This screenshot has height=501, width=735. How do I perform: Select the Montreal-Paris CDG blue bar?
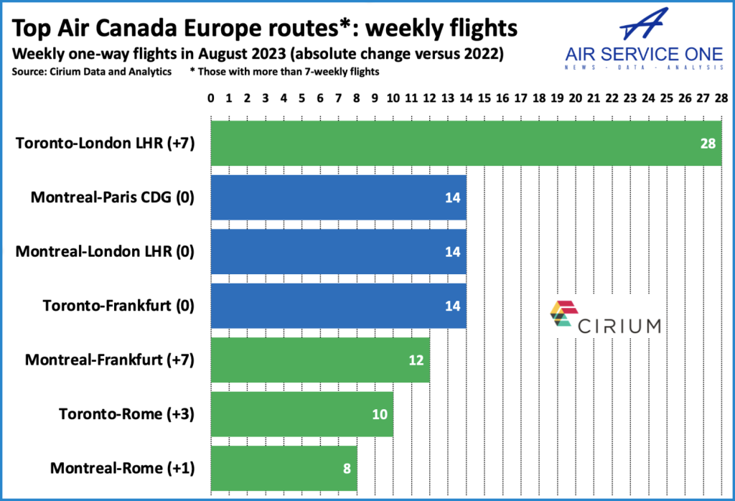(338, 197)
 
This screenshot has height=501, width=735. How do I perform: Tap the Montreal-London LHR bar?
(338, 251)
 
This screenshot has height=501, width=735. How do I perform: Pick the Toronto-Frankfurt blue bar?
(338, 305)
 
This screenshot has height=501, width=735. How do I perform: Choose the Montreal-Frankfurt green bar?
(319, 360)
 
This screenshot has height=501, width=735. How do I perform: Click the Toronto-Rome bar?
(301, 414)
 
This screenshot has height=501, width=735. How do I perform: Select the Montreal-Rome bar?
(283, 468)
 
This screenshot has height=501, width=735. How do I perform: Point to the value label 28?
(708, 144)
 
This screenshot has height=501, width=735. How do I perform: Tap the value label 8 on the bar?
(346, 469)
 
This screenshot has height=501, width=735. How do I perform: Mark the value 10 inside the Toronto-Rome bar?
(380, 414)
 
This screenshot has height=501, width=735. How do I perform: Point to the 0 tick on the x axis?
(210, 97)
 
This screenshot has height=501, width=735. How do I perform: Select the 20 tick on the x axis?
(575, 97)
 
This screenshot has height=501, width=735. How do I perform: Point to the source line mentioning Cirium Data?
(94, 72)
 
